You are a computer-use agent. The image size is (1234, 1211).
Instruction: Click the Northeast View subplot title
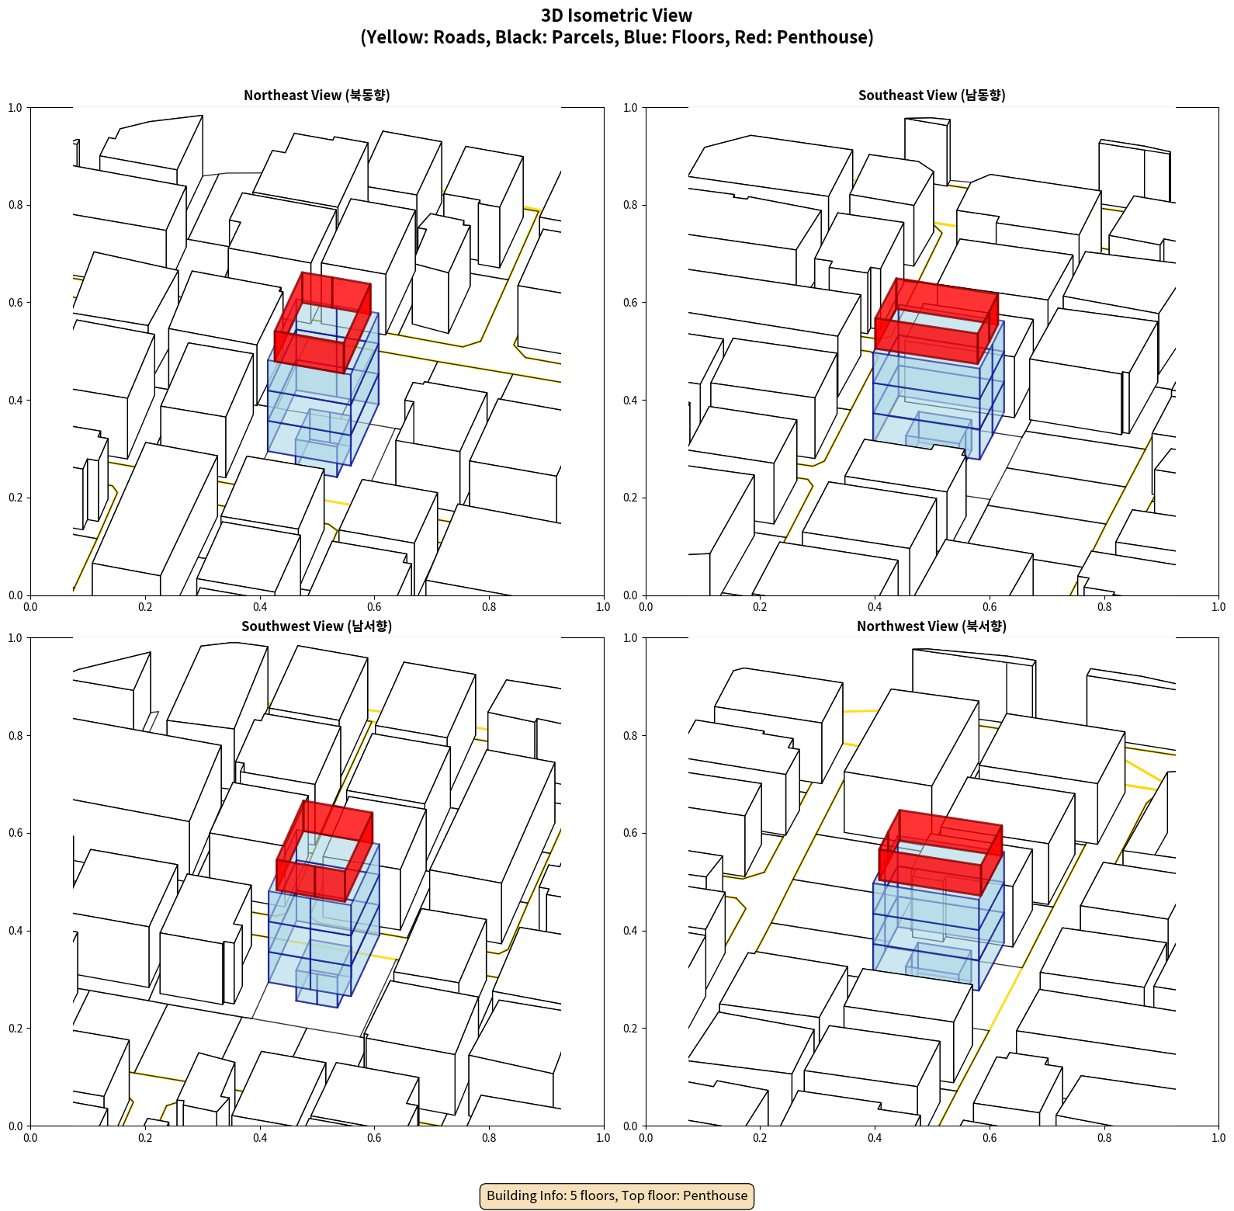click(x=317, y=95)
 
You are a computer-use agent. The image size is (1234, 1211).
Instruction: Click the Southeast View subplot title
click(x=931, y=95)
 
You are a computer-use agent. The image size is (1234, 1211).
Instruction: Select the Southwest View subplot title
click(x=317, y=626)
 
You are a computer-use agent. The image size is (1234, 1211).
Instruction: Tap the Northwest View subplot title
click(x=931, y=626)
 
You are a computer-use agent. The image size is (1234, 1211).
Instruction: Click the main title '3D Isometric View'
click(x=616, y=16)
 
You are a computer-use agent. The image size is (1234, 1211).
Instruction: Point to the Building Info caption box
click(x=617, y=1195)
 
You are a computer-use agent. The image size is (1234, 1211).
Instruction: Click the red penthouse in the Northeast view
click(x=310, y=353)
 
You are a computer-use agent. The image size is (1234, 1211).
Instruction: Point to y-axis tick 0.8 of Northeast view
click(x=15, y=205)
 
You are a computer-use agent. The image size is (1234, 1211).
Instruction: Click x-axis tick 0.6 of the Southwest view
click(x=374, y=1138)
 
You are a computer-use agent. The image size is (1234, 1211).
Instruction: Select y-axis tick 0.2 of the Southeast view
click(x=630, y=498)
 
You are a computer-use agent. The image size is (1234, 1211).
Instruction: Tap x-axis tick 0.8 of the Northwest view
click(x=1104, y=1138)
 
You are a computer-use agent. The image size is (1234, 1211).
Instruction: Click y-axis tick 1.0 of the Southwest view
click(x=15, y=638)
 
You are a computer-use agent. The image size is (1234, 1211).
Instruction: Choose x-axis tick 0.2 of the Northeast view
click(x=145, y=607)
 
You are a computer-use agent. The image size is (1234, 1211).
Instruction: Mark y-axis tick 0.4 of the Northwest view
click(x=630, y=931)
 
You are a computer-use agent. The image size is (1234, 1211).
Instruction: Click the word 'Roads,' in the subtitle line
click(x=461, y=37)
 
